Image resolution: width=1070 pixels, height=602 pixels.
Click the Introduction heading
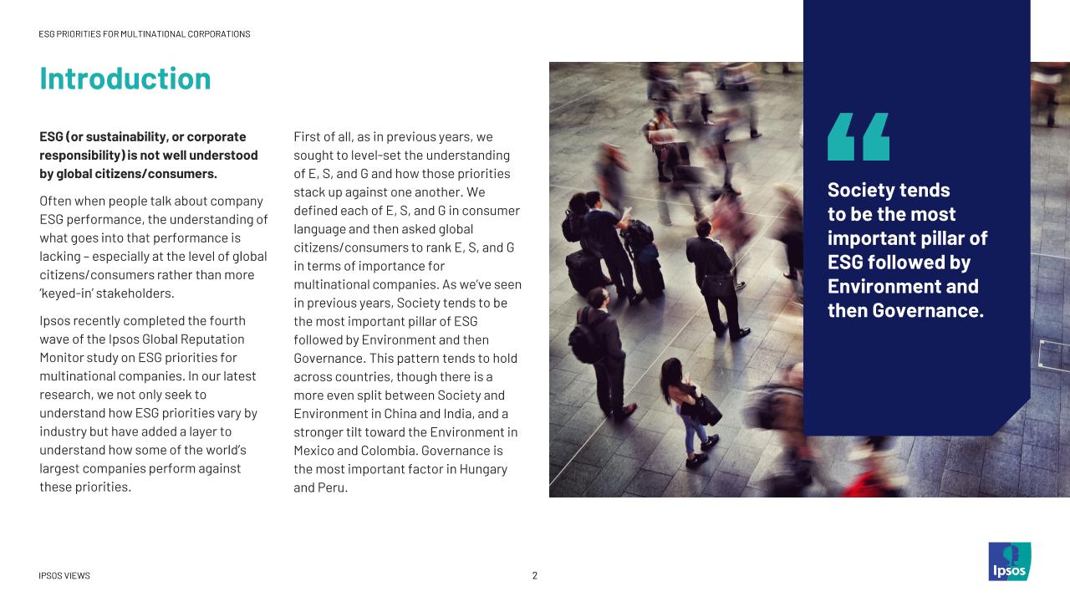(125, 79)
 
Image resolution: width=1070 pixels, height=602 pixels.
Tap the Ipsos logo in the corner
(1009, 562)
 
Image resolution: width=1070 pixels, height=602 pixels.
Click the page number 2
(535, 575)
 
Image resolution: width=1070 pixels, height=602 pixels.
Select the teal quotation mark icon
(859, 136)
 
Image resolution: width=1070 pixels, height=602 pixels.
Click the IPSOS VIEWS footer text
(64, 576)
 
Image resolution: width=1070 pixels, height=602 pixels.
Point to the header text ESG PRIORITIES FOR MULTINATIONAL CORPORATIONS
(145, 34)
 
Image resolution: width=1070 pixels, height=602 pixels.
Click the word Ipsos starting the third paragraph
(56, 321)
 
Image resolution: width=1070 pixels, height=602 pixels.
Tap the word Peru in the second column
(331, 487)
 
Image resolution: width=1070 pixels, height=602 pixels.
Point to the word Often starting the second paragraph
(57, 202)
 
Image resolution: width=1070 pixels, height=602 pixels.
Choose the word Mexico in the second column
(314, 451)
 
